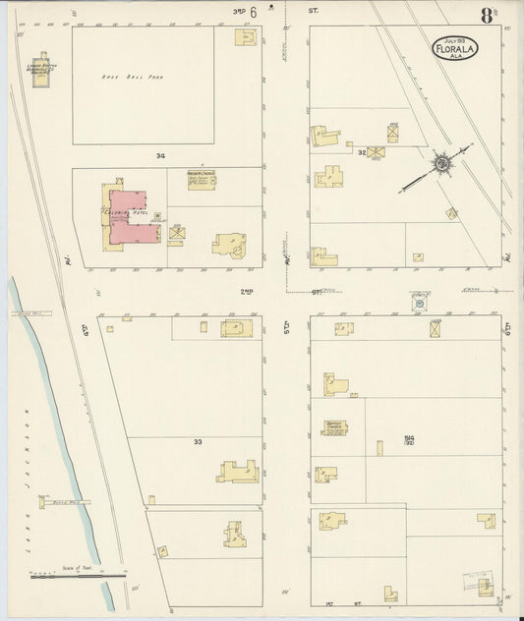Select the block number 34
pos(159,156)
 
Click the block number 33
pos(198,442)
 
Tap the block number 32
pos(363,152)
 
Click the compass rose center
pos(442,162)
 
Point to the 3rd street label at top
pos(238,12)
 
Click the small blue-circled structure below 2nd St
pos(421,306)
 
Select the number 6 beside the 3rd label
pos(254,13)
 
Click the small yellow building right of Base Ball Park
pos(245,37)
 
